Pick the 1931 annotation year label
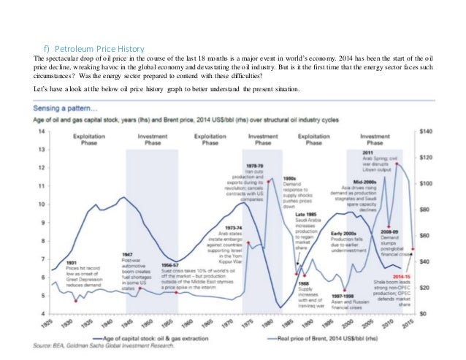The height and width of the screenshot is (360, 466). pos(72,262)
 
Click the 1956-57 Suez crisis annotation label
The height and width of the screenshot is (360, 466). pos(171,264)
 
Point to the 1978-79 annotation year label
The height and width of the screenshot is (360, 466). pos(255,166)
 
